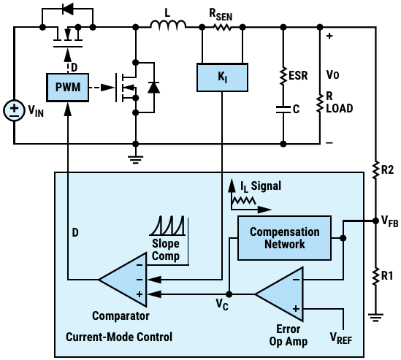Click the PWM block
(68, 88)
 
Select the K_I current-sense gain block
(222, 77)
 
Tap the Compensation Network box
(284, 238)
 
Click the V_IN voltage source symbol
(15, 110)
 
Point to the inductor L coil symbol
(168, 24)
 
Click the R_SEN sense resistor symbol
(223, 26)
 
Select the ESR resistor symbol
(283, 76)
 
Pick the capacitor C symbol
(283, 110)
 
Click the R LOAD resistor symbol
(320, 103)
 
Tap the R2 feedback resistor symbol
(375, 169)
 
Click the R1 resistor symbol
(375, 276)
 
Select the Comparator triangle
(123, 280)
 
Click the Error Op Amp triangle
(279, 294)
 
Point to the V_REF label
(341, 338)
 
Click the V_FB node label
(390, 221)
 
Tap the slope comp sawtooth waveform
(167, 226)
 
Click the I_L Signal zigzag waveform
(243, 201)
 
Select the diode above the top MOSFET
(68, 9)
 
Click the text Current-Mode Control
(119, 337)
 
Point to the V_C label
(222, 304)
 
